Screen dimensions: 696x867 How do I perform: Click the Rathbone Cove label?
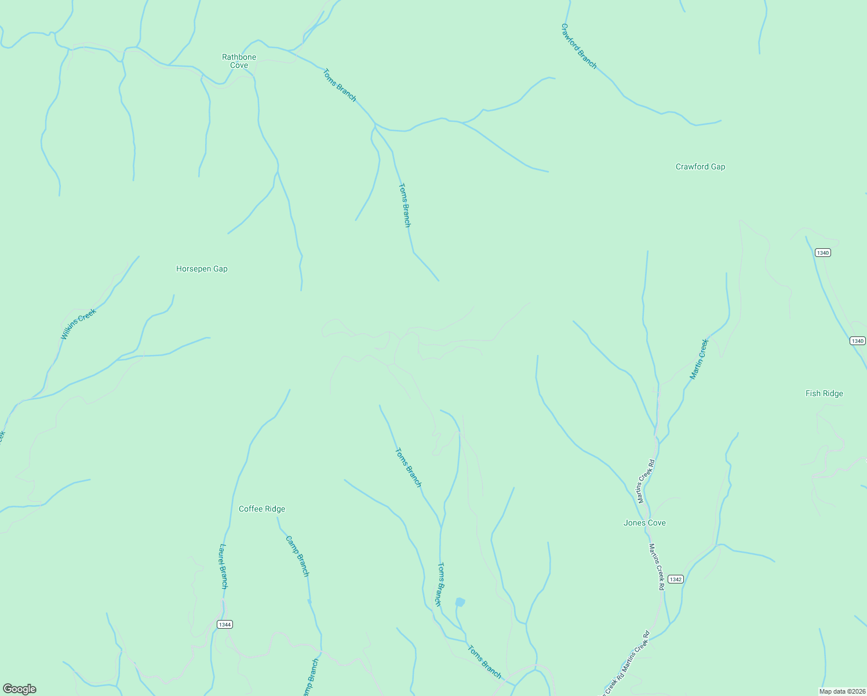(239, 61)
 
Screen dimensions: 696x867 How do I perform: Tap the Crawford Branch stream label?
(578, 46)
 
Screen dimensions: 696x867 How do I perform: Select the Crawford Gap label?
(700, 166)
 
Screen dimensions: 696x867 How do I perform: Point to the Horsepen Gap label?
(202, 269)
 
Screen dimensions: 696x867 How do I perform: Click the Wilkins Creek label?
(78, 324)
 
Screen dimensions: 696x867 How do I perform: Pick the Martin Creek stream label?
(699, 359)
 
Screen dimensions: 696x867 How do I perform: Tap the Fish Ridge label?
(824, 393)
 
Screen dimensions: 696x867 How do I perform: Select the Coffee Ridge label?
(262, 509)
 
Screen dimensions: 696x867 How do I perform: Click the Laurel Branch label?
(224, 566)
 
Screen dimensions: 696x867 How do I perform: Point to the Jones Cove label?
(644, 523)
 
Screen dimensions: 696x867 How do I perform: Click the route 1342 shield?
(675, 579)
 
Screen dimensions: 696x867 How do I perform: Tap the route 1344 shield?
(225, 624)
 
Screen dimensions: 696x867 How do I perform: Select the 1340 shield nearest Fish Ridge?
(858, 340)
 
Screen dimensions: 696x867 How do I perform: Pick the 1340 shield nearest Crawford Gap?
(822, 252)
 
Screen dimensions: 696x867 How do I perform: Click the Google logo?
(20, 689)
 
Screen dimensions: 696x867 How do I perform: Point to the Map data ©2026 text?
(842, 691)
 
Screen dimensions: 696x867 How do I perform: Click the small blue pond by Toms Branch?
(460, 602)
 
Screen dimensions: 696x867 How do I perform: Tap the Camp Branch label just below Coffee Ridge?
(297, 556)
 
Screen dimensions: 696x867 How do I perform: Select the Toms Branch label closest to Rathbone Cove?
(339, 85)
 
